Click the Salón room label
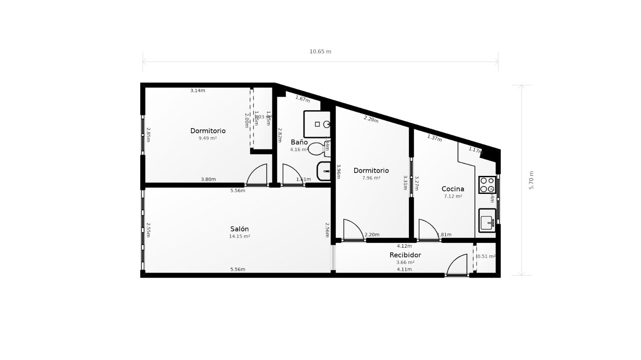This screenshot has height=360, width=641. (x=239, y=229)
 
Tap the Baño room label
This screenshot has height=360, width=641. (x=299, y=142)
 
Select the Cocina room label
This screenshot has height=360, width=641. (x=453, y=189)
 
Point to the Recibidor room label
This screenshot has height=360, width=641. (x=405, y=255)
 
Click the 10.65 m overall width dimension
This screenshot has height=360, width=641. (x=320, y=52)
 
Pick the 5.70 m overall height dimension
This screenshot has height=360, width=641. (x=532, y=180)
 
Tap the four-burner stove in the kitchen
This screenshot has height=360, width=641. (x=487, y=185)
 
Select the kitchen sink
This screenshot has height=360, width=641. (x=487, y=221)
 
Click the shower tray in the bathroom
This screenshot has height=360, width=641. (x=317, y=124)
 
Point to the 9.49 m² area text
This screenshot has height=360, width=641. (x=207, y=138)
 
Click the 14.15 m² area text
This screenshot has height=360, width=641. (x=239, y=236)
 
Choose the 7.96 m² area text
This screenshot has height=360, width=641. (x=371, y=178)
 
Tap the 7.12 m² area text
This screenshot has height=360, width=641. (x=453, y=196)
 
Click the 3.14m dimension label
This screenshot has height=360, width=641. (x=197, y=91)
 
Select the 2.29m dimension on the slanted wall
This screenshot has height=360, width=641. (x=371, y=119)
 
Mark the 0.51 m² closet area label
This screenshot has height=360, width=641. (x=486, y=257)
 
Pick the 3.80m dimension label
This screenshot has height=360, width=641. (x=208, y=179)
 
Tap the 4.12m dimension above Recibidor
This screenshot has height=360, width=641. (x=404, y=246)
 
